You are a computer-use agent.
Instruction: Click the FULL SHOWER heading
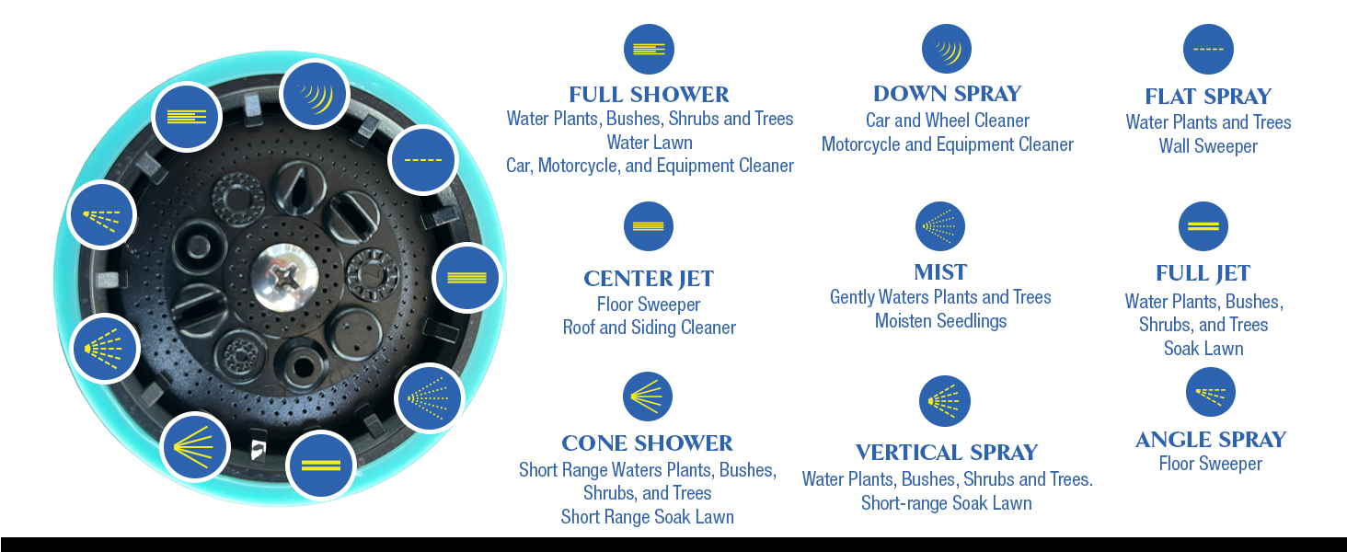[649, 95]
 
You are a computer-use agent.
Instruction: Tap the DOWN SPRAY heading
[947, 94]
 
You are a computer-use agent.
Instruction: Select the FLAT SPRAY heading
[1208, 97]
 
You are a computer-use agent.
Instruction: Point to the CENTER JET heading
[649, 279]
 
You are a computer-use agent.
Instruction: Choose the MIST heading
[940, 272]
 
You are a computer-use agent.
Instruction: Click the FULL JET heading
[1203, 273]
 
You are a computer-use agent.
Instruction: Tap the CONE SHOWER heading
[647, 443]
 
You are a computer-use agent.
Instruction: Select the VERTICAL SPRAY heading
[947, 453]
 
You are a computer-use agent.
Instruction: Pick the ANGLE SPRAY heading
[1210, 440]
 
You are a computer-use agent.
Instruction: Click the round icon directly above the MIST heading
[940, 226]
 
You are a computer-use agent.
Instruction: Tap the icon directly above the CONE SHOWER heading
[648, 397]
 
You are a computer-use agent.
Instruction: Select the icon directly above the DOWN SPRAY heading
[947, 50]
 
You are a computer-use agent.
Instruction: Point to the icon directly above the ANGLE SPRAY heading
[1210, 392]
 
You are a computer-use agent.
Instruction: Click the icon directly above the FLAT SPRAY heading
[1208, 50]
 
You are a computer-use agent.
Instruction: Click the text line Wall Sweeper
[1208, 146]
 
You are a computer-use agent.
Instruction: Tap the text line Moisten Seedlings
[940, 321]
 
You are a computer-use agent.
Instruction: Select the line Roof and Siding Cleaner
[649, 328]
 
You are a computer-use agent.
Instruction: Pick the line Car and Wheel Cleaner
[947, 121]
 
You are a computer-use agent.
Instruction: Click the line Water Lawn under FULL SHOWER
[649, 143]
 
